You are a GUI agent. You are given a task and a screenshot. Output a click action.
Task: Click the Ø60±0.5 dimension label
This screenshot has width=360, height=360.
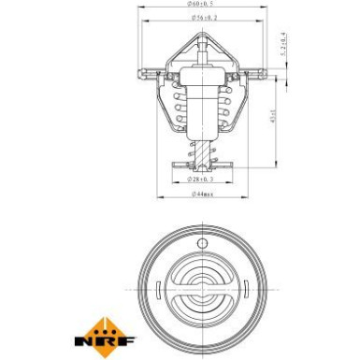click(x=199, y=5)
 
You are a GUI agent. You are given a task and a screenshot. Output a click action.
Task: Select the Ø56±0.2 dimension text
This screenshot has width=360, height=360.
click(x=199, y=18)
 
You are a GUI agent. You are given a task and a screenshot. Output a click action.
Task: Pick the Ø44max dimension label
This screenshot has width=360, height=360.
click(x=199, y=194)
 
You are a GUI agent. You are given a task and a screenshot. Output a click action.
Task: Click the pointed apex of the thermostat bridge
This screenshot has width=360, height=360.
click(x=199, y=36)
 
